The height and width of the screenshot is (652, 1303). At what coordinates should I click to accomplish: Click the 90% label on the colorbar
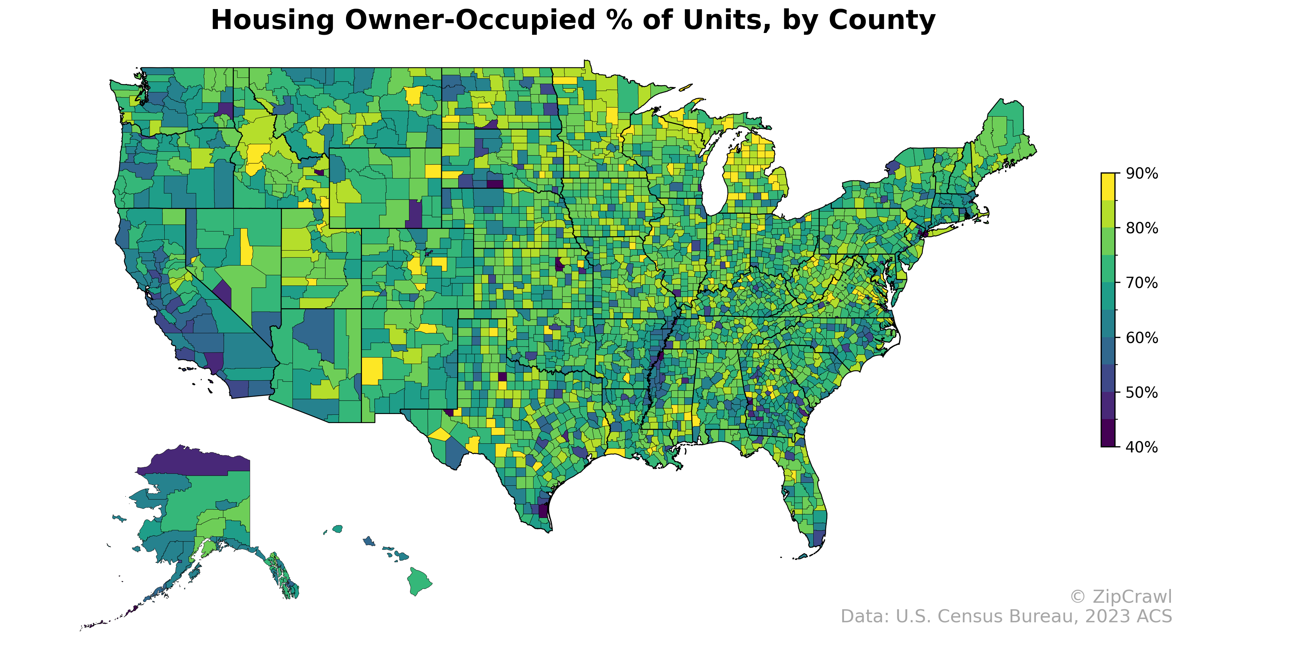point(1142,174)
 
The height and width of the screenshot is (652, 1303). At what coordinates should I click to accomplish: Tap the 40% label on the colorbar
point(1142,447)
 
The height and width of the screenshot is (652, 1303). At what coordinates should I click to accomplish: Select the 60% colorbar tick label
point(1142,338)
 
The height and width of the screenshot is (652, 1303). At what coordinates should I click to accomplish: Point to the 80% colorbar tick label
point(1142,228)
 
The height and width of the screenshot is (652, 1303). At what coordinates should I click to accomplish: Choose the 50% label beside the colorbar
point(1142,392)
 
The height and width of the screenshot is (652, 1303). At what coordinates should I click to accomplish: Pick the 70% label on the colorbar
point(1142,283)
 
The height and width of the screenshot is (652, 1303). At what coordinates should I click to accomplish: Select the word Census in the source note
point(979,617)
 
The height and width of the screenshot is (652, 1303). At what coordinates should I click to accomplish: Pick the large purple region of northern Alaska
point(197,461)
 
